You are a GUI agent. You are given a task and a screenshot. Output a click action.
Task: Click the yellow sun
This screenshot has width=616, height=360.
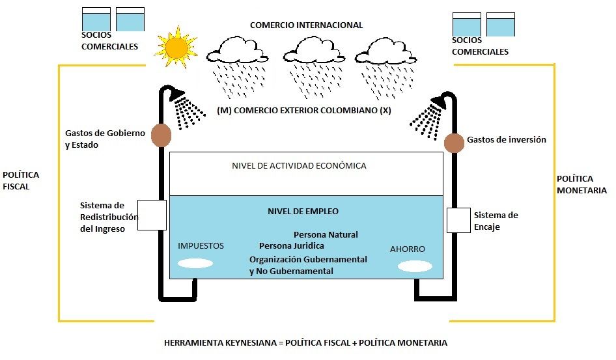point(176,48)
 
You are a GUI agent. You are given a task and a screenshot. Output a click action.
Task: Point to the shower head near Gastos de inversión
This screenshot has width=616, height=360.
point(439,102)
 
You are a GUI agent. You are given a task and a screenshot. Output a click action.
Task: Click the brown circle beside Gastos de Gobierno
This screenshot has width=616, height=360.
point(161,135)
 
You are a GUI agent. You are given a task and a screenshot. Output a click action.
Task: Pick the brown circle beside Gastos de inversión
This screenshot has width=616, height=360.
point(453,143)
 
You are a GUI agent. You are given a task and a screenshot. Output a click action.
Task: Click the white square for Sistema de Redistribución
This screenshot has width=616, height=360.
point(154,214)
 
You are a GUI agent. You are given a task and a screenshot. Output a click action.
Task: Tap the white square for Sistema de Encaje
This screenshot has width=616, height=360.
point(458,220)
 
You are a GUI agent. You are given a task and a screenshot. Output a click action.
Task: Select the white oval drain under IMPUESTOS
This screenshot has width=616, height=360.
point(195,264)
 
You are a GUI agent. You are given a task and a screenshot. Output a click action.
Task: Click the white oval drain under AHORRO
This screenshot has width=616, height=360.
point(415,266)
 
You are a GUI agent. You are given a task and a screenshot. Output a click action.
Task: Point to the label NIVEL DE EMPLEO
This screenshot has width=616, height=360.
point(303,212)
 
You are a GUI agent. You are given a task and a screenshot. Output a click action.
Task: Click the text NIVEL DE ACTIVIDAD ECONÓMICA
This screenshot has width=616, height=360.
point(299,166)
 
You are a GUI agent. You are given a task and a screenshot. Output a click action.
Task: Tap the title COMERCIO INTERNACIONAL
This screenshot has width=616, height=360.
point(306,25)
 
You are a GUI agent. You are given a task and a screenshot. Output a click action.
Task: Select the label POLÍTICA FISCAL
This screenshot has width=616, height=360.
point(21,180)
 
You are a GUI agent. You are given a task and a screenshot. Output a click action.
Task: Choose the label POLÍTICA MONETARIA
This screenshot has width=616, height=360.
point(582,184)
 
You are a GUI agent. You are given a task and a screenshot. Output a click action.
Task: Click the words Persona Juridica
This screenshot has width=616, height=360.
point(291,246)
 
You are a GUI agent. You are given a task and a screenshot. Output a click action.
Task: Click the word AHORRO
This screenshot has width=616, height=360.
point(407,249)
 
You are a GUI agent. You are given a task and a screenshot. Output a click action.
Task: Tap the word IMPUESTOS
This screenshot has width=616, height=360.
point(201,246)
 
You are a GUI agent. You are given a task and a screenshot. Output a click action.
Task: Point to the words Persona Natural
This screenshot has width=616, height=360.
point(326,234)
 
